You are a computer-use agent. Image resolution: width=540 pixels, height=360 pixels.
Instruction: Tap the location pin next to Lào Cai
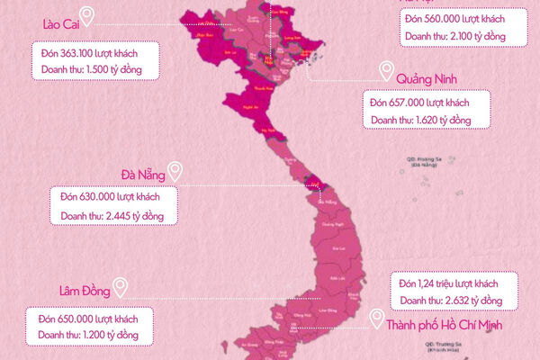pos(87,14)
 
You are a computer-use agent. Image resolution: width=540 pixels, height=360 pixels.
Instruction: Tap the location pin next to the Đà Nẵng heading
pos(175,168)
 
